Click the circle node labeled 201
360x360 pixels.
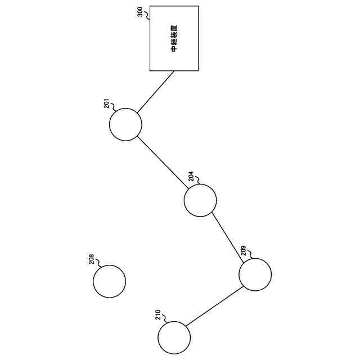coord(125,124)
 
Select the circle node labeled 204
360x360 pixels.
coord(200,200)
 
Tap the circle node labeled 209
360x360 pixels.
coord(255,274)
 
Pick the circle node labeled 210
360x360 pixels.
coord(174,337)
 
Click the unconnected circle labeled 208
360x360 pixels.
coord(109,281)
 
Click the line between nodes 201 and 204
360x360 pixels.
coord(163,163)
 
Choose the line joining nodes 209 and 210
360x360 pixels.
coord(214,306)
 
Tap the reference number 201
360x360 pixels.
coord(106,104)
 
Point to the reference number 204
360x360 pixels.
coord(191,177)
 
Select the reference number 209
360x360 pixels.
coord(244,250)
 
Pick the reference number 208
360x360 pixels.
coord(91,259)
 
